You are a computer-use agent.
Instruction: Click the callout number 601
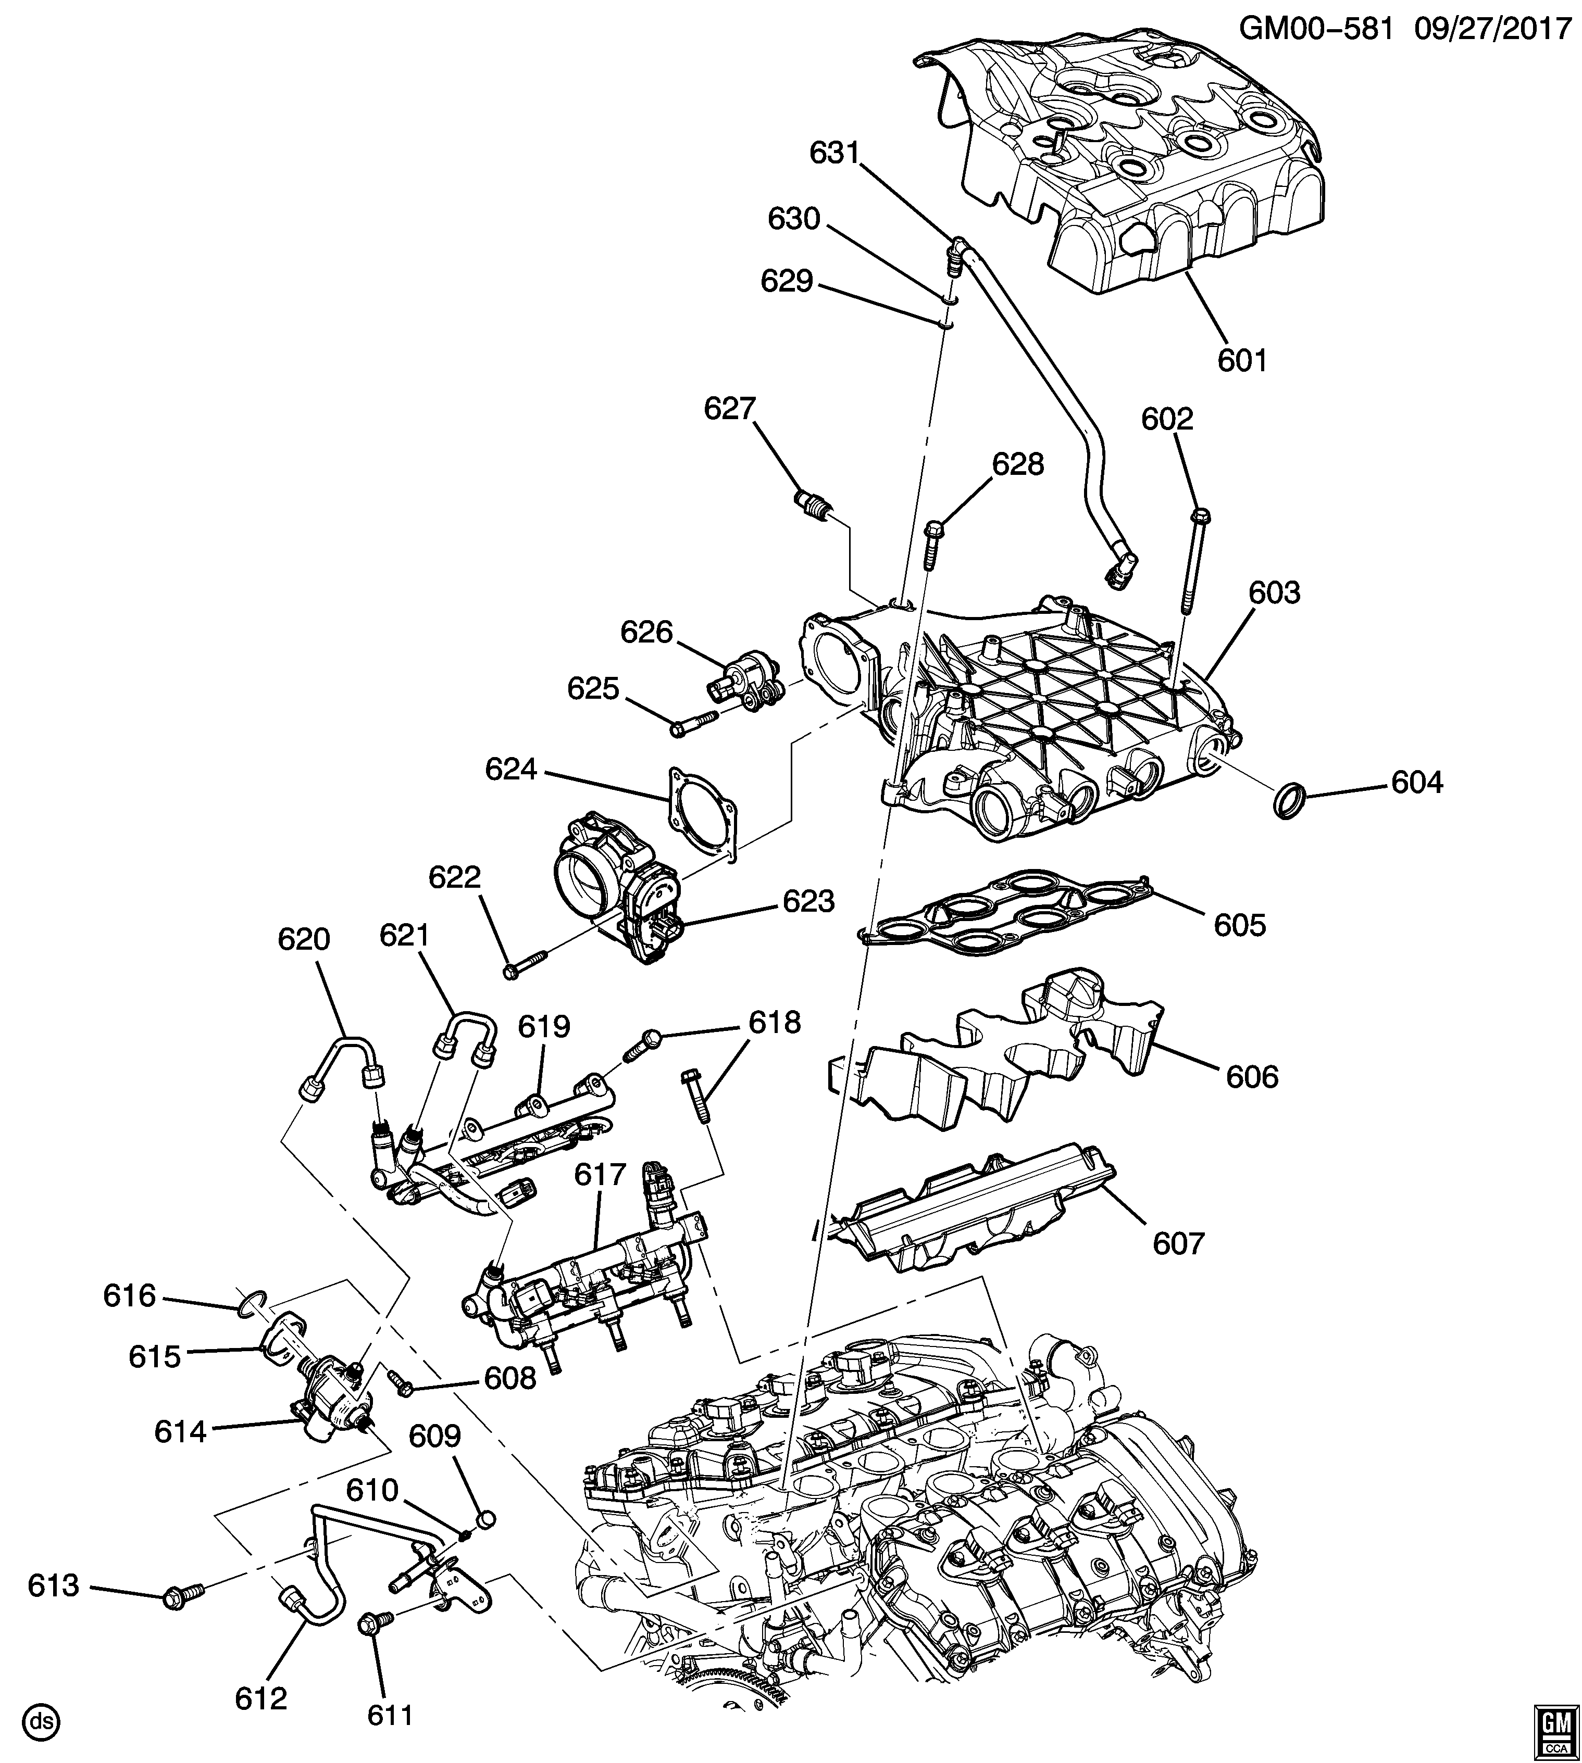[x=1242, y=360]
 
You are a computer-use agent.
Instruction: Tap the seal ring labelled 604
[x=1290, y=799]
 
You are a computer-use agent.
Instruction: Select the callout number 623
[x=808, y=901]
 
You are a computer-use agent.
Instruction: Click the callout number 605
[x=1240, y=925]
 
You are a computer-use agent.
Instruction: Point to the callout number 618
[x=775, y=1023]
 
